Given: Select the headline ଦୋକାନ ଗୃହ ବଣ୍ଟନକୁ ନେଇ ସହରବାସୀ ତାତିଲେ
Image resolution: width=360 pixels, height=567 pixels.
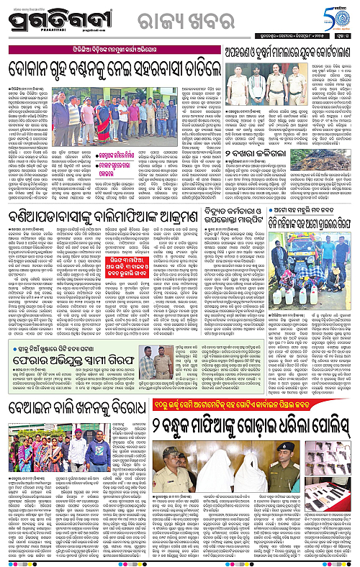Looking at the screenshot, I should pos(112,69).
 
